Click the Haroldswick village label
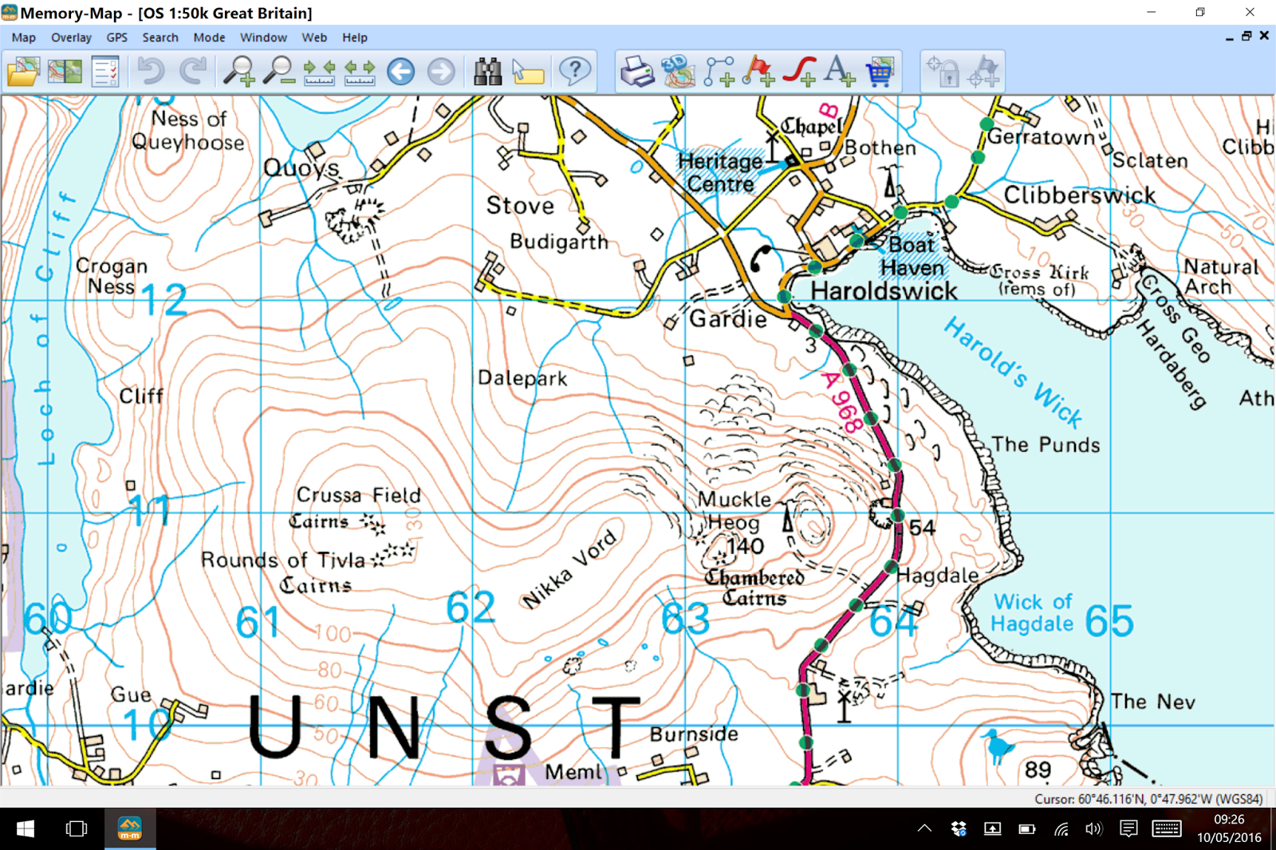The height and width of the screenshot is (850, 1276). tap(884, 291)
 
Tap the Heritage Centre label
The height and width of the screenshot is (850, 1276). tap(720, 172)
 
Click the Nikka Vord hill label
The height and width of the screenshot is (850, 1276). tap(569, 569)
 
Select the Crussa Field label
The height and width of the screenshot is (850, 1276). tap(359, 495)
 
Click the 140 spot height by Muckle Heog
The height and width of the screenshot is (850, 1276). tap(745, 546)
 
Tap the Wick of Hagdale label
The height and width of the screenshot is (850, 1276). tap(1032, 612)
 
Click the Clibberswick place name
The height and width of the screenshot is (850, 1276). tap(1079, 195)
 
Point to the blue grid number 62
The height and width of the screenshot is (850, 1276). tap(471, 608)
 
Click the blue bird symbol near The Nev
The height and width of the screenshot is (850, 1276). tap(997, 746)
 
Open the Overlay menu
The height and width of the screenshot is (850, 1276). tap(71, 37)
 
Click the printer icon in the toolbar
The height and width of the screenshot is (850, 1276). tap(637, 72)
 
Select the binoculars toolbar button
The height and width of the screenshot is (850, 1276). tap(487, 72)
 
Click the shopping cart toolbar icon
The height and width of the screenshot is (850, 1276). tap(880, 72)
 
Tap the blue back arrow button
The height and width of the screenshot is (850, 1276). tap(401, 72)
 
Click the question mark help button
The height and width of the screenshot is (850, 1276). tap(574, 72)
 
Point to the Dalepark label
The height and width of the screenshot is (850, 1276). tap(522, 378)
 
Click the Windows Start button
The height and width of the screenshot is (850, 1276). tap(25, 829)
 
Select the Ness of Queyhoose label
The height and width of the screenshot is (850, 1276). tap(188, 131)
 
